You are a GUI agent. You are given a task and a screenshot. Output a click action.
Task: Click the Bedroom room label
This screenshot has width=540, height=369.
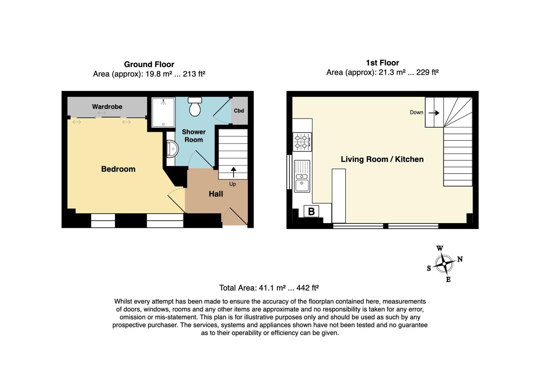[x=118, y=169]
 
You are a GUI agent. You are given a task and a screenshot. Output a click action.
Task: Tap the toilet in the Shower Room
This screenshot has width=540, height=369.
[x=195, y=107]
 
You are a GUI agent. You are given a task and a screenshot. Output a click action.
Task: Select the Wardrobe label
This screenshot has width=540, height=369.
[x=107, y=107]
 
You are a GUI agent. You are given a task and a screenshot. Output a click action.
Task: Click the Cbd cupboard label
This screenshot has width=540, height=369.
[x=239, y=111]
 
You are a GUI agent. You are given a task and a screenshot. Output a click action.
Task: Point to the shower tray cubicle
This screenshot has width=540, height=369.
[x=163, y=112]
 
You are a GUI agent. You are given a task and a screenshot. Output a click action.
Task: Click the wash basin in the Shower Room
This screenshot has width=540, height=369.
[x=172, y=149]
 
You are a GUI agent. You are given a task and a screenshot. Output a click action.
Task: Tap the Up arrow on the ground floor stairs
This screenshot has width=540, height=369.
[x=233, y=172]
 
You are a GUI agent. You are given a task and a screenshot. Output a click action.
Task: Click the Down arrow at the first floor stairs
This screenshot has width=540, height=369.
[x=434, y=112]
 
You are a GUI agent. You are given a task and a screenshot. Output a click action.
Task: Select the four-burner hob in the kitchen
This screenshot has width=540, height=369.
[x=302, y=142]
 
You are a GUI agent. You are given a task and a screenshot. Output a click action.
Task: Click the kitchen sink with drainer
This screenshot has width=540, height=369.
[x=302, y=176]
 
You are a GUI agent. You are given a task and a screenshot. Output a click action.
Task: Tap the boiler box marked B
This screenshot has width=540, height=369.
[x=311, y=211]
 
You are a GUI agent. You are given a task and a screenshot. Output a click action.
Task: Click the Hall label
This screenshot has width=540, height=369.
[x=216, y=194]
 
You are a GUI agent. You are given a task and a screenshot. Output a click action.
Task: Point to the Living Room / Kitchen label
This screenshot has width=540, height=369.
[x=382, y=159]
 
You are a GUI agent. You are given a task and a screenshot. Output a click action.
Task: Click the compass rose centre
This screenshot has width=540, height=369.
[x=444, y=264]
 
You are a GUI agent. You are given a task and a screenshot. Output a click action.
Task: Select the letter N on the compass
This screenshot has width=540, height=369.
[x=460, y=259]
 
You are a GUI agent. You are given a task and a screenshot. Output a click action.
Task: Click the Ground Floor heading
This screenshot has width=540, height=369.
[x=149, y=64]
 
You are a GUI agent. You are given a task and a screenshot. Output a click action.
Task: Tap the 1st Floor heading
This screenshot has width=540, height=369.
[x=382, y=63]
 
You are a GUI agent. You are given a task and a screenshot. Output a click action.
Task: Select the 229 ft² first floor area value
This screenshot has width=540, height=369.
[x=427, y=72]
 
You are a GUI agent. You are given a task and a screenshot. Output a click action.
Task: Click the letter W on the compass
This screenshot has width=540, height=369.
[x=440, y=248]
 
